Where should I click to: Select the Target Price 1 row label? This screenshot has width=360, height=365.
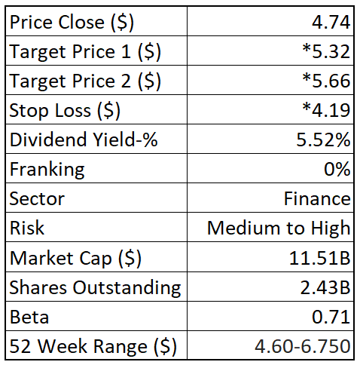[85, 52]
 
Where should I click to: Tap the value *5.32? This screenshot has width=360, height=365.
[326, 52]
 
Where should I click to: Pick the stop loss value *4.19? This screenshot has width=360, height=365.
[326, 111]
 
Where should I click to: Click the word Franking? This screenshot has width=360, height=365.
[47, 170]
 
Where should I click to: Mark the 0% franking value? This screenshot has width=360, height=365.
[337, 170]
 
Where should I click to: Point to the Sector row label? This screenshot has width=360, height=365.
[37, 199]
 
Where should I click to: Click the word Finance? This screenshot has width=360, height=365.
[317, 199]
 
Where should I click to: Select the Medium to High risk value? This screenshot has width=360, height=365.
[279, 229]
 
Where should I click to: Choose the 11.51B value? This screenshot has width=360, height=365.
[321, 258]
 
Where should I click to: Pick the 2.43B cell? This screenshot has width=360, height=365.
[325, 287]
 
